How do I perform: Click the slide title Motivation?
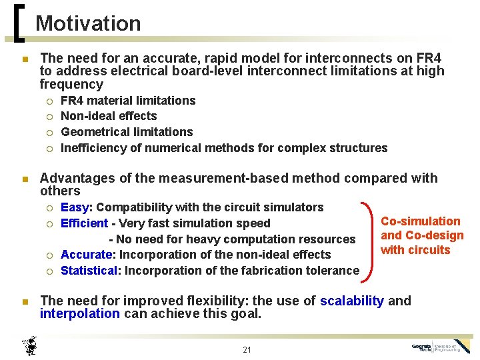[x=88, y=23]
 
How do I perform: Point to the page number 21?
[x=247, y=350]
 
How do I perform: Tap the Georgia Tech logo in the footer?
[x=441, y=347]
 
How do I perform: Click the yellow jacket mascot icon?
[x=30, y=346]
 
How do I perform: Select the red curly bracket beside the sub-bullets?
[x=367, y=238]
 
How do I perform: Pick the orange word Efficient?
[x=84, y=223]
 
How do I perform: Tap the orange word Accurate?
[x=85, y=255]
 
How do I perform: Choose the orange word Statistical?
[x=89, y=271]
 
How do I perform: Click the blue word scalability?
[x=351, y=301]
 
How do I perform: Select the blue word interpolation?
[x=80, y=313]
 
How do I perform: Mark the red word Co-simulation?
[x=420, y=221]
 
